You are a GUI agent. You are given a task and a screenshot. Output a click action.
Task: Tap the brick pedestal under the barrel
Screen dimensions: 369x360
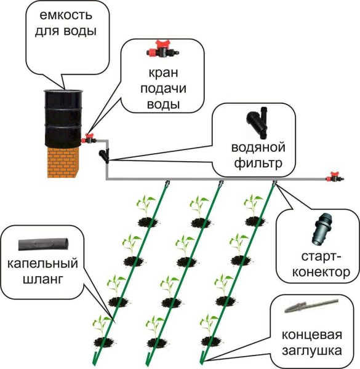(x=64, y=161)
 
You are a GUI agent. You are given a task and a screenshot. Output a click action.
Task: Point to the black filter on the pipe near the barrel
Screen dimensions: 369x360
(x=105, y=154)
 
